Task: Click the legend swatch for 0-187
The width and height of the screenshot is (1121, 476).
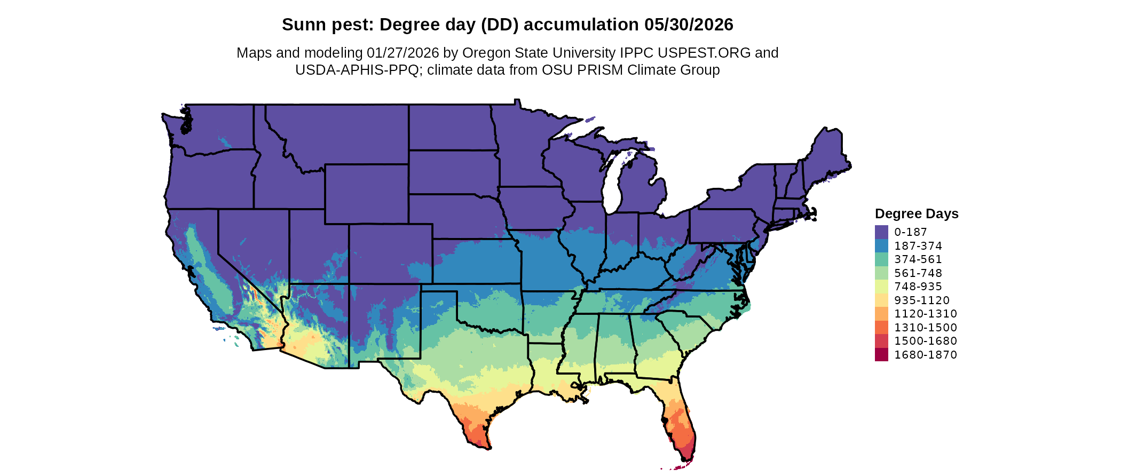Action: click(881, 232)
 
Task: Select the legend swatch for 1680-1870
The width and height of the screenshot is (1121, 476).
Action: click(881, 354)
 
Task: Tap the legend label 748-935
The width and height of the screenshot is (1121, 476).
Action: click(918, 287)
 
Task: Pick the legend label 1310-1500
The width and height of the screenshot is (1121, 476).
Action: click(926, 327)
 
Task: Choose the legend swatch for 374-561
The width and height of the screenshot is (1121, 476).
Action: click(881, 259)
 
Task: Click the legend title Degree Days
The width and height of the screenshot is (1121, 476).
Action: click(917, 213)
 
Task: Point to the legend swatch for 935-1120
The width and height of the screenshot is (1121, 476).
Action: click(881, 300)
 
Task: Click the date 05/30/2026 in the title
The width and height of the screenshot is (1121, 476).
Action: click(689, 25)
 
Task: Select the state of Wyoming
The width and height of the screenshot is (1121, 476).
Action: click(367, 194)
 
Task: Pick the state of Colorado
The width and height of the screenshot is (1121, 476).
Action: click(391, 253)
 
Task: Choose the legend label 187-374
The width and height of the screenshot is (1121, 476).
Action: click(918, 245)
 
